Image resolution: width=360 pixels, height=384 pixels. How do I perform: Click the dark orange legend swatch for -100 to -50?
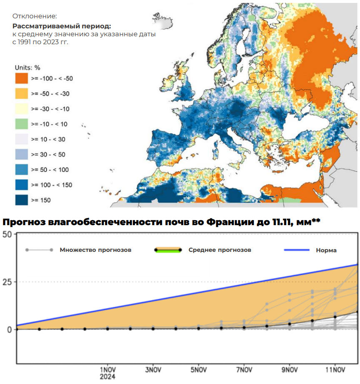(21, 78)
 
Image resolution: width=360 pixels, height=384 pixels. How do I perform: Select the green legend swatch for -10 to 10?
(21, 124)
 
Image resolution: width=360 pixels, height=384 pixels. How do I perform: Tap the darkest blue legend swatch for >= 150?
(21, 200)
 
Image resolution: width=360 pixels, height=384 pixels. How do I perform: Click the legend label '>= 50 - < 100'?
(50, 170)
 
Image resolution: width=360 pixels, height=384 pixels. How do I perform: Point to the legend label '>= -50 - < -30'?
(50, 93)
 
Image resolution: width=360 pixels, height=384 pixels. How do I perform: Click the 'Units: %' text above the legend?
(27, 68)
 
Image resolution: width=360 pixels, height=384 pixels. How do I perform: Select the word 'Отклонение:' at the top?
(35, 16)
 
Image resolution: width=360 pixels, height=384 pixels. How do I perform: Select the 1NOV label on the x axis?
(107, 369)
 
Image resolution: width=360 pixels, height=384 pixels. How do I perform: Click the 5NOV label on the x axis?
(199, 369)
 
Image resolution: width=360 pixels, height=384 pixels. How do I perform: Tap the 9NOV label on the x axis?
(290, 369)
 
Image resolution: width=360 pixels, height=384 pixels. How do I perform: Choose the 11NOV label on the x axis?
(335, 369)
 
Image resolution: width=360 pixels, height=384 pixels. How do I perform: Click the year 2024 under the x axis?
(107, 376)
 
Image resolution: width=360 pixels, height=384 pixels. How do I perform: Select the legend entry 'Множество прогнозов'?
(95, 250)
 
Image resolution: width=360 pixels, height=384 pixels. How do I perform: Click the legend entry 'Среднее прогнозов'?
(220, 250)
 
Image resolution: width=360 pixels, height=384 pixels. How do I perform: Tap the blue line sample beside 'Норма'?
(296, 250)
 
